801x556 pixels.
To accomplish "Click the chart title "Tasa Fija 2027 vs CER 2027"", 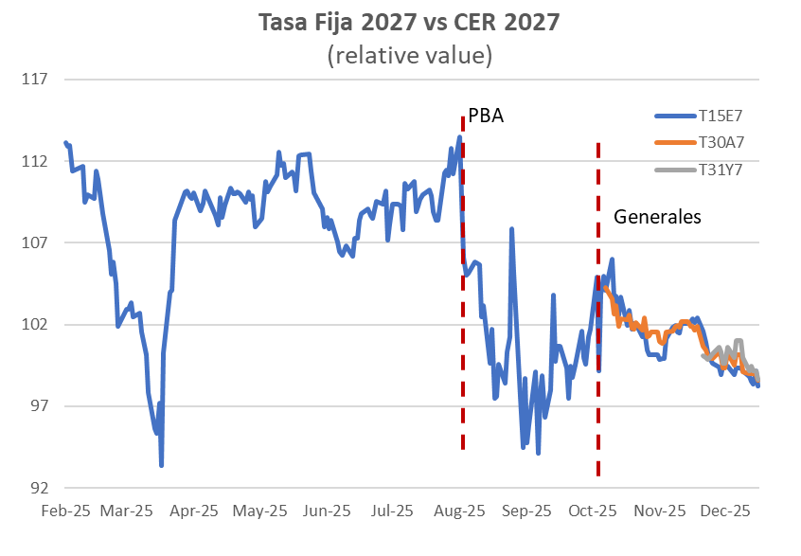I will coord(409,23).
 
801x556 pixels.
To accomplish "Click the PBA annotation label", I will coord(486,117).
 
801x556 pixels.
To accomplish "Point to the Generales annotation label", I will coord(657,216).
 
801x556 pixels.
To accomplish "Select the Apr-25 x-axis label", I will coord(194,511).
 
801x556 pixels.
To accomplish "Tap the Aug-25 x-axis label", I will coord(458,511).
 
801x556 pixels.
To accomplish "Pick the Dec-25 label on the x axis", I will coord(726,511).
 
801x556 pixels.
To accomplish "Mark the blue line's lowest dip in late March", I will coord(162,464).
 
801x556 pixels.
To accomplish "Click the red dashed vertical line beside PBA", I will coord(462,284).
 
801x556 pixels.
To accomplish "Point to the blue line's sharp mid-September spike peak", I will coord(512,229).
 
